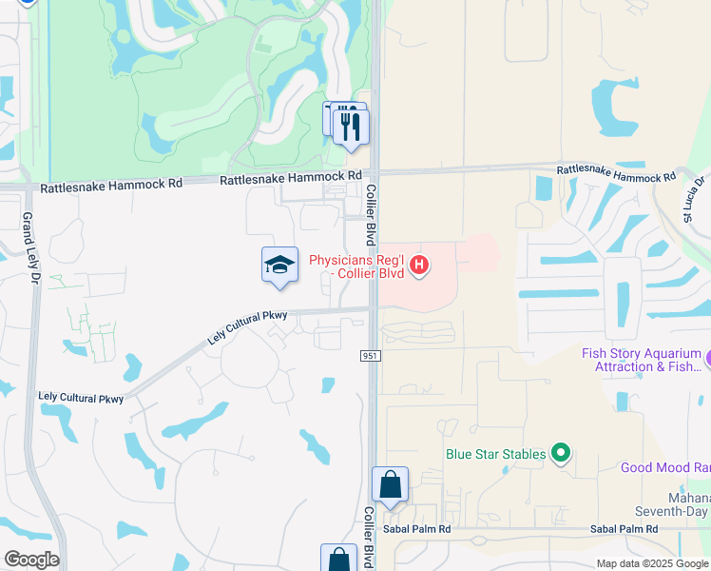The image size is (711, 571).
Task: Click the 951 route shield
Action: tap(371, 355)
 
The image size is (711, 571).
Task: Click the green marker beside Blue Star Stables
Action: tap(561, 454)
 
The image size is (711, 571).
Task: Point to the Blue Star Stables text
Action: tap(496, 454)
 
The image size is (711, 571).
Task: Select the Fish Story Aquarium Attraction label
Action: tap(643, 360)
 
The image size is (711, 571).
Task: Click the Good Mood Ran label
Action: tap(664, 467)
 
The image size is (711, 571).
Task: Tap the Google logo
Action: tap(30, 560)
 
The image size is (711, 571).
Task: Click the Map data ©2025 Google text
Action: tap(653, 563)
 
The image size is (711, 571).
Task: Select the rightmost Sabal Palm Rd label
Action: tap(624, 528)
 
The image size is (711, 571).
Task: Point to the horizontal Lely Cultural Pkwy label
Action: tap(81, 397)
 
